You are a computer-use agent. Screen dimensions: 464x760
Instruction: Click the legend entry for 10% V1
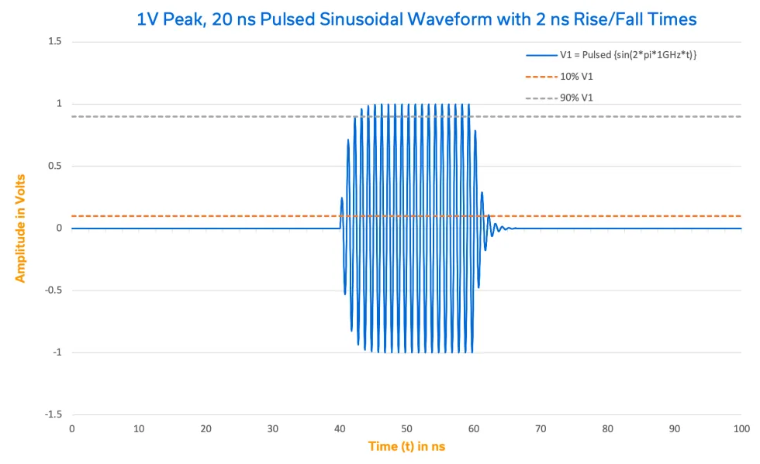576,76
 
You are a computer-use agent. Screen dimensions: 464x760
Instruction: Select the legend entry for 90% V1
576,98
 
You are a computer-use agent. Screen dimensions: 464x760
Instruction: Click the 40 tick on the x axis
340,428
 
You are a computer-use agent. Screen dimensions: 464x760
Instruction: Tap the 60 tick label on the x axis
474,428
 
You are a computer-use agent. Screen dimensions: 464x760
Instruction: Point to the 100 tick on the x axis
741,428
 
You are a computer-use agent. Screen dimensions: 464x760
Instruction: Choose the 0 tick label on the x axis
72,428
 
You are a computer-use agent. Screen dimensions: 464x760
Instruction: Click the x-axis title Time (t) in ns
406,446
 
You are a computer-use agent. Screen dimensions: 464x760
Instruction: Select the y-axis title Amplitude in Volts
21,228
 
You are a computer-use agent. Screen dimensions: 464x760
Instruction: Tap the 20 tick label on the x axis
206,428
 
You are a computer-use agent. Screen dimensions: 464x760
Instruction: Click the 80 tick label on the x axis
608,428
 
